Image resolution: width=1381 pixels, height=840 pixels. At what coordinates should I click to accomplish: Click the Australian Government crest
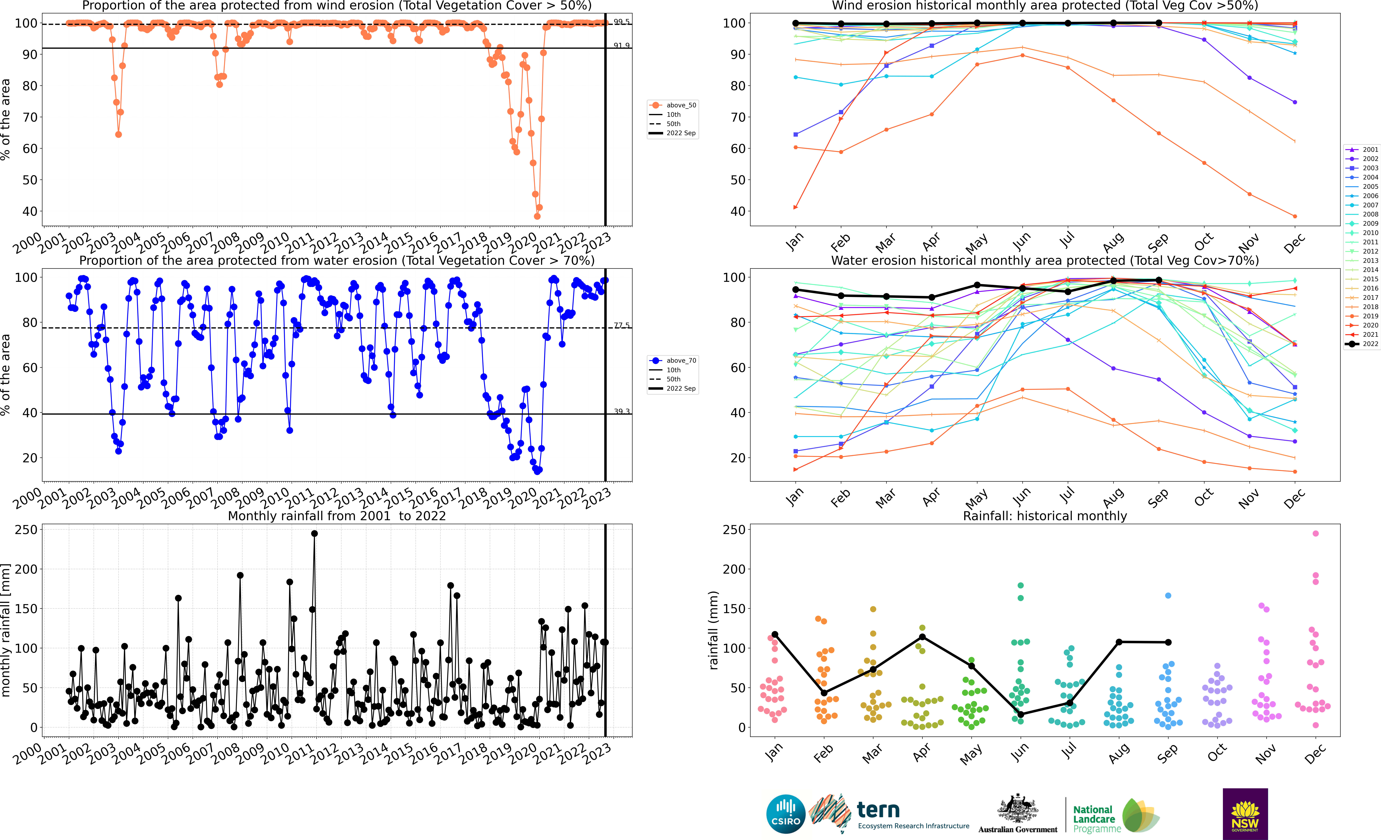(x=1017, y=809)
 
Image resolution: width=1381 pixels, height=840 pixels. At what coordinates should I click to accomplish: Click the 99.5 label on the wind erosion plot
(x=621, y=21)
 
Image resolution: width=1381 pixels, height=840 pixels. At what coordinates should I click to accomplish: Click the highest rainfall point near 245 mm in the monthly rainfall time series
(x=314, y=534)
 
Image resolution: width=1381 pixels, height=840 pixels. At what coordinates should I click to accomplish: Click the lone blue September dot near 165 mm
(x=1168, y=595)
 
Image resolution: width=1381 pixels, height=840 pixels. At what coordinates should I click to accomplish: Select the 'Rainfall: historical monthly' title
(x=1045, y=516)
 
